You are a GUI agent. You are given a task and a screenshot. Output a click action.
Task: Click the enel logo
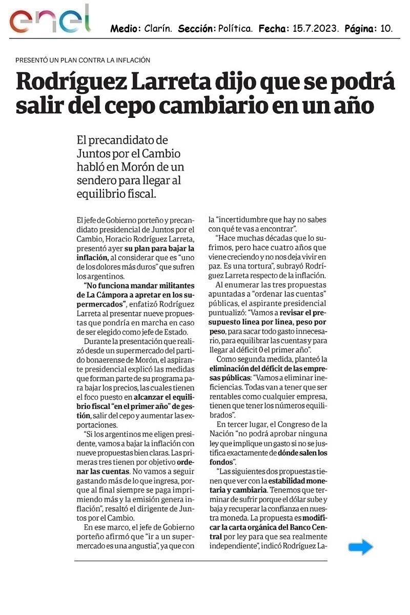pos(50,20)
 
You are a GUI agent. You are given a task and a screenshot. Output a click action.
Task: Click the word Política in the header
pos(236,29)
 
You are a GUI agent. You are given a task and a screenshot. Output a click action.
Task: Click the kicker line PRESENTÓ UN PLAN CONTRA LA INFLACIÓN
pos(83,60)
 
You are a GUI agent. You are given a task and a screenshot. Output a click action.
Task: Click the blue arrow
pos(361,547)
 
